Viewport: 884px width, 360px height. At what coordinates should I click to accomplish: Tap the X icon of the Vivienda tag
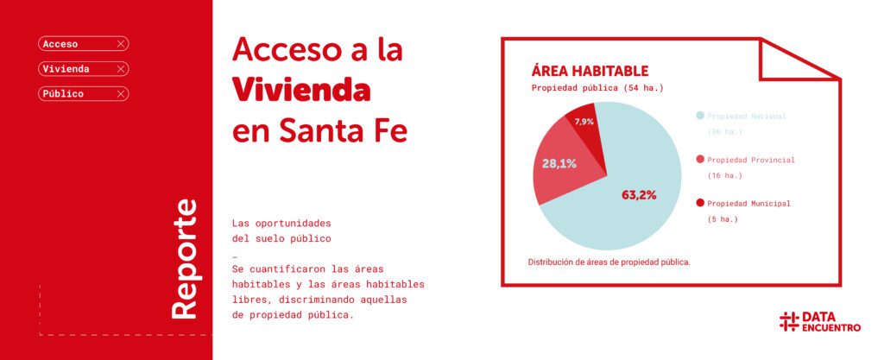point(121,68)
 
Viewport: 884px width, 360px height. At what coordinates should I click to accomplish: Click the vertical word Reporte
point(184,259)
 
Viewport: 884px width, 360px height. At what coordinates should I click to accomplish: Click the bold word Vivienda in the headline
point(301,89)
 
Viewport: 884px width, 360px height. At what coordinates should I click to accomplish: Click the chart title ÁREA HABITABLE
point(590,71)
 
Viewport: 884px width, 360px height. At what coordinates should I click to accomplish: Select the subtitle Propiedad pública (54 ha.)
point(597,88)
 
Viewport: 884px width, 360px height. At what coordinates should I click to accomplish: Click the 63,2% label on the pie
point(639,195)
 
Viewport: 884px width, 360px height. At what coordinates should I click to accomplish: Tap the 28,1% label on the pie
point(559,163)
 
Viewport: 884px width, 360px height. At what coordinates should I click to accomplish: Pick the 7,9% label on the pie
point(584,122)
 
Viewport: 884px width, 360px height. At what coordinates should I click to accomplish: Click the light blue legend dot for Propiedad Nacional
point(699,116)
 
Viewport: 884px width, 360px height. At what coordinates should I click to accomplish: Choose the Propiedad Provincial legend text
point(750,160)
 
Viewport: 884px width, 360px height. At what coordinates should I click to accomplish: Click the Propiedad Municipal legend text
point(748,204)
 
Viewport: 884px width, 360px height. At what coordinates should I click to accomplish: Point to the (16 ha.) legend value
point(725,175)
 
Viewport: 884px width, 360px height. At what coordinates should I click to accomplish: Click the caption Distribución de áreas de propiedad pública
point(609,261)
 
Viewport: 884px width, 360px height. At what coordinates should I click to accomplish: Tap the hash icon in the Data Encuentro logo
point(788,322)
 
